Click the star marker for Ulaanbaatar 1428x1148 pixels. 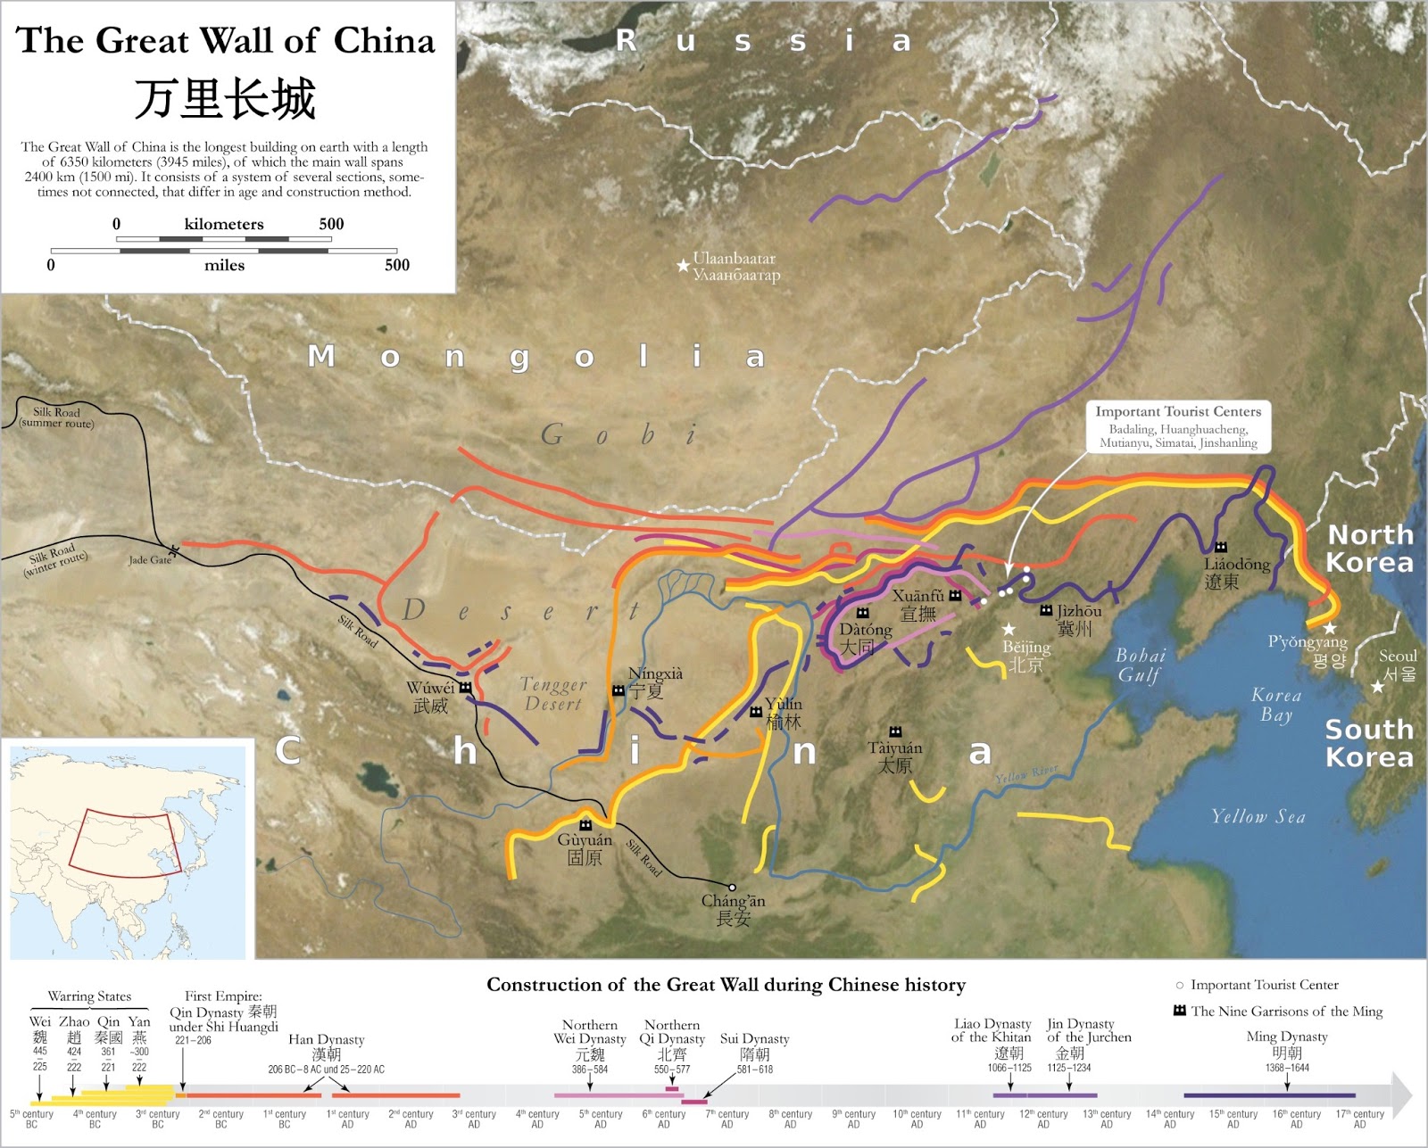(x=683, y=265)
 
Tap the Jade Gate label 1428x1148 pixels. (x=150, y=560)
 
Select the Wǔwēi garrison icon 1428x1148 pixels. (x=465, y=688)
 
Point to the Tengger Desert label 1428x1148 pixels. (x=552, y=694)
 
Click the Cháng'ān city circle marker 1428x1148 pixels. (x=732, y=888)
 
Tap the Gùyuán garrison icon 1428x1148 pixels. (x=585, y=824)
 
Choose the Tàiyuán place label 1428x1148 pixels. (x=894, y=756)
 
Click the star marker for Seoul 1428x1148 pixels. (x=1378, y=686)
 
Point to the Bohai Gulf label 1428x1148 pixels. (x=1140, y=665)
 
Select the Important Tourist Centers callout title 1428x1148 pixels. (x=1178, y=411)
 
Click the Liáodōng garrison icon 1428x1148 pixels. (x=1221, y=547)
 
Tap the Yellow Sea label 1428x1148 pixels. (x=1258, y=816)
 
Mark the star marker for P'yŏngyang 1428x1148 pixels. (x=1330, y=628)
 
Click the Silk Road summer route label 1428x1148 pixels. (x=56, y=417)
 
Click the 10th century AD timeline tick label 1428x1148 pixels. (x=917, y=1119)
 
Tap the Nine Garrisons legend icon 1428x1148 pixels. (x=1180, y=1011)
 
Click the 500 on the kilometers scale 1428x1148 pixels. (x=331, y=224)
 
